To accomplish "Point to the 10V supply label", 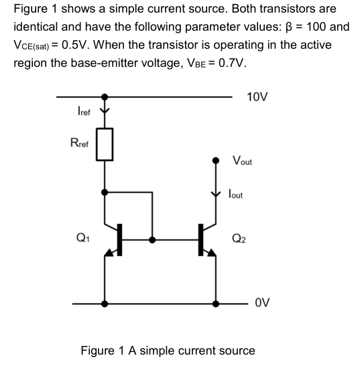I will coord(257,97).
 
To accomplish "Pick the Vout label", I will coord(242,161).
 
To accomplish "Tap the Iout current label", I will coord(235,194).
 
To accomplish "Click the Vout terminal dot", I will coord(215,161).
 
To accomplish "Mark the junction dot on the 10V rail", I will coord(104,97).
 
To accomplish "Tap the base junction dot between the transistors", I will coord(154,238).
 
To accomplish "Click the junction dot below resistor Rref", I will coord(104,192).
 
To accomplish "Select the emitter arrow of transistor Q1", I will coord(111,252).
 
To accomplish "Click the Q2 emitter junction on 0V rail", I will coord(215,303).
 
